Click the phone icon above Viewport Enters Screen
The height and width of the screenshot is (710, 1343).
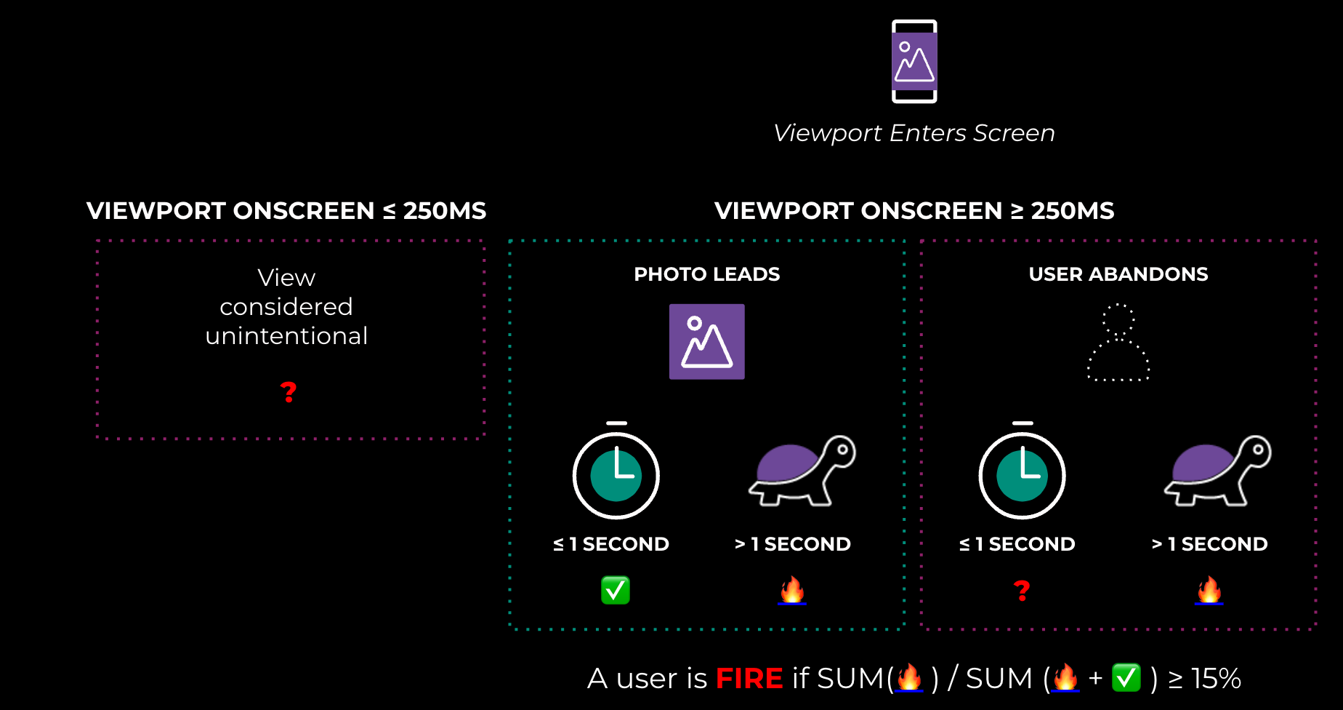click(914, 61)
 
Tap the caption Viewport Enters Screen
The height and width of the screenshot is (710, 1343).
click(914, 133)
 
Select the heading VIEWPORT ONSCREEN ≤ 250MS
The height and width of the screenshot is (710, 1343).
click(286, 211)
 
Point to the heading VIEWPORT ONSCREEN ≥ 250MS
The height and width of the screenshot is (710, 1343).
click(914, 211)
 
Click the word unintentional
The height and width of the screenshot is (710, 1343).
click(286, 336)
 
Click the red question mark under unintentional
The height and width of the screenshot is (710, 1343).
click(289, 392)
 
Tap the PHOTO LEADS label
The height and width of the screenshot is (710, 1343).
click(707, 274)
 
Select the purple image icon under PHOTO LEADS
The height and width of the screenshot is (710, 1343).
click(707, 342)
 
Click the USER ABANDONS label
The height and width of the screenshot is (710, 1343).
click(1118, 274)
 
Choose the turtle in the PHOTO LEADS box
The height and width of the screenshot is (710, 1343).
click(802, 471)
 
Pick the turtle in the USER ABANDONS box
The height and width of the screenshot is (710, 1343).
click(1218, 471)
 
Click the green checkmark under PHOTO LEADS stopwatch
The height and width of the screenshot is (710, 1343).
click(616, 590)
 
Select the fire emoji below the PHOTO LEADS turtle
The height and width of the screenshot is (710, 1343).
click(792, 590)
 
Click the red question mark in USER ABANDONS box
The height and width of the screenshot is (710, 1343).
click(1022, 590)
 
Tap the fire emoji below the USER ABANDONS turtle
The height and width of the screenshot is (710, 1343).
click(1209, 590)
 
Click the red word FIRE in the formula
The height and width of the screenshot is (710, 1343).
click(749, 679)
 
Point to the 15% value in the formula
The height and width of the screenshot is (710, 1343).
click(1216, 679)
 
